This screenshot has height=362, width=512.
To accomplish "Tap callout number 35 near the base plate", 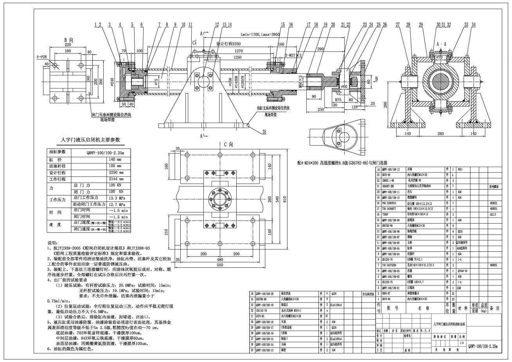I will [x=264, y=132].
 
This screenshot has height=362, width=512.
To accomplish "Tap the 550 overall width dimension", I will [x=219, y=265].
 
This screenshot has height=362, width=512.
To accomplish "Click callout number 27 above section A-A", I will [x=397, y=25].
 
